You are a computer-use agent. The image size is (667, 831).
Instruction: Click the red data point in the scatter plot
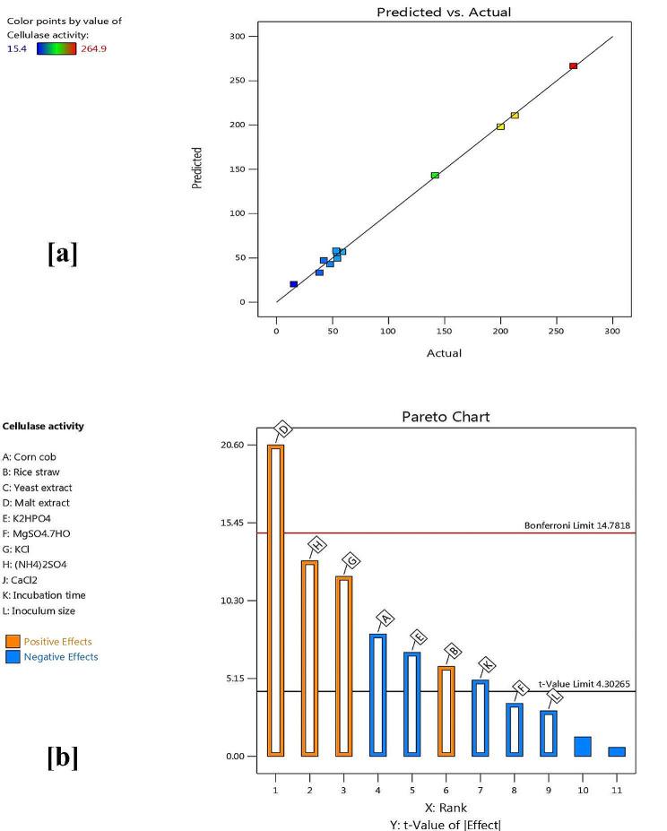[x=573, y=65]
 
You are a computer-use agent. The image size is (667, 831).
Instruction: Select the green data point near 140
[x=435, y=175]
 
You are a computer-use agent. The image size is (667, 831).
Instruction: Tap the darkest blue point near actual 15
[x=293, y=284]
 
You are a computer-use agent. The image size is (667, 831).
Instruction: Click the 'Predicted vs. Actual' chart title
[x=444, y=12]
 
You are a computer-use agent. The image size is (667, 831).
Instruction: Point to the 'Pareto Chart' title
[x=445, y=417]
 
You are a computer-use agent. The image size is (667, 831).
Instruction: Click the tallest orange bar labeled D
[x=275, y=600]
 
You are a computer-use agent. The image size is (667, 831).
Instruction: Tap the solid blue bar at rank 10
[x=582, y=746]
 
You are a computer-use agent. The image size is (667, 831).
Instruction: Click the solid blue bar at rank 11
[x=616, y=751]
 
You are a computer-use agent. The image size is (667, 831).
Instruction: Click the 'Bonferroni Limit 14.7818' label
[x=580, y=525]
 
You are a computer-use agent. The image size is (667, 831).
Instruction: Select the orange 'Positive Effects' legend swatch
[x=13, y=641]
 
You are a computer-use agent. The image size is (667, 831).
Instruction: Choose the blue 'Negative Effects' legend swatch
[x=13, y=656]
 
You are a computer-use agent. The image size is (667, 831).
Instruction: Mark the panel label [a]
[x=62, y=254]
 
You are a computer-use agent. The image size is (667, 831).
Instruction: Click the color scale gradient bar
[x=56, y=48]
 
